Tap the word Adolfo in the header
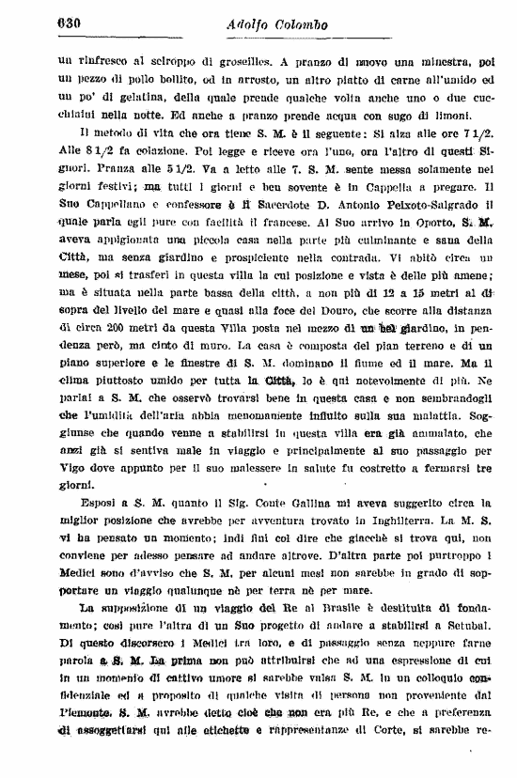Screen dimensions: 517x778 252,25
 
